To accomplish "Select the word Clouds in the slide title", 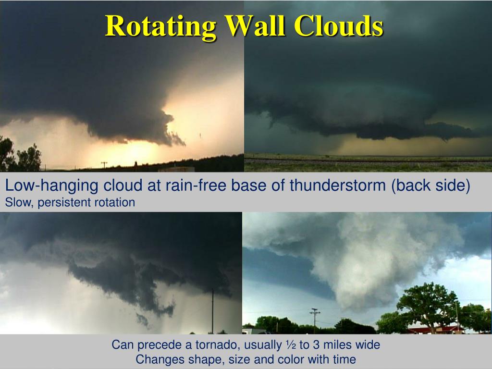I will pos(339,26).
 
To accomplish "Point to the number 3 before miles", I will pos(315,344).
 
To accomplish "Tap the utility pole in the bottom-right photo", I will pos(315,319).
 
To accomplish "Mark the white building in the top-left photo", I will pos(177,169).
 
